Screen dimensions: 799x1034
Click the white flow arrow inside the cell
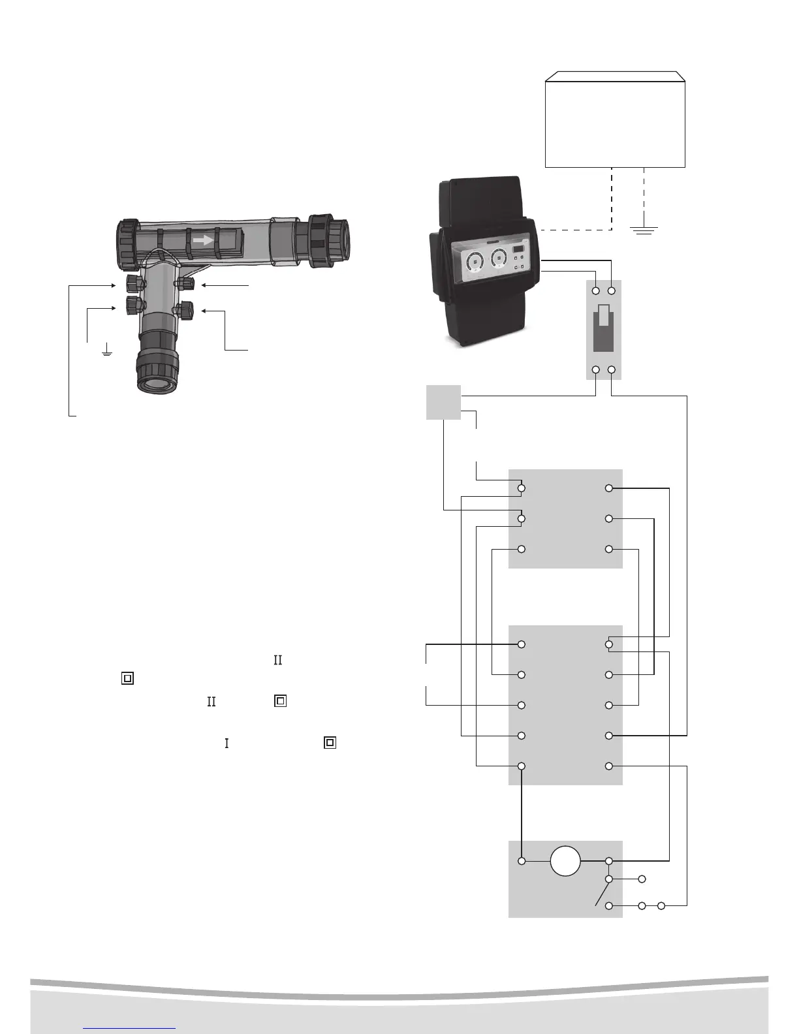tap(204, 240)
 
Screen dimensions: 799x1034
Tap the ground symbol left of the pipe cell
tap(106, 352)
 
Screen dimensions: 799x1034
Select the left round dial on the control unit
tap(475, 260)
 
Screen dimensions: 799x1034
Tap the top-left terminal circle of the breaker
tap(596, 290)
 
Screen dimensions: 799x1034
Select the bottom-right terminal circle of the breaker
tap(612, 370)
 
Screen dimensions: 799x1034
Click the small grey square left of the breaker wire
tap(443, 402)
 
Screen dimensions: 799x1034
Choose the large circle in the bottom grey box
tap(565, 861)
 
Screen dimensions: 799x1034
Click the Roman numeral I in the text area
tap(227, 743)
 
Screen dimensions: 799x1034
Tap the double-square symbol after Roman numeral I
tap(330, 743)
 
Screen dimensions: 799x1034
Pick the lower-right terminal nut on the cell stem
tap(184, 309)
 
